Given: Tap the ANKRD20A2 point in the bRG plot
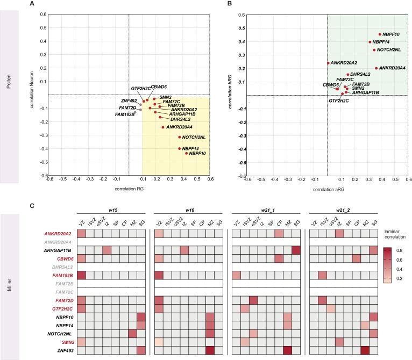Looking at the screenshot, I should [x=328, y=63].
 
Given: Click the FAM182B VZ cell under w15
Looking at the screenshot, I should [x=82, y=276].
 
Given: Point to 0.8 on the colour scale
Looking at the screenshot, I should [x=396, y=250].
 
